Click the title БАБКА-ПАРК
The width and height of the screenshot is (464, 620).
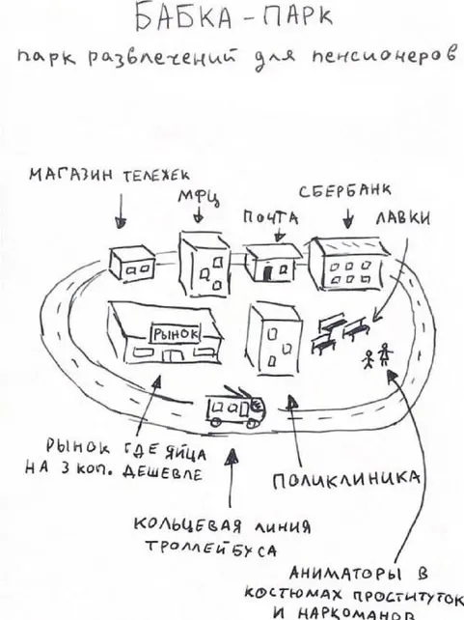pos(234,17)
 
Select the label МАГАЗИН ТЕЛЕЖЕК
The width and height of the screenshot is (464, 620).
pos(109,175)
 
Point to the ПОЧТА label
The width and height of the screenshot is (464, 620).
pos(270,218)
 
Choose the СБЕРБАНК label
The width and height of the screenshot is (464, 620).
pos(345,191)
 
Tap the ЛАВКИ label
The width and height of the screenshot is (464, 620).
pos(403,218)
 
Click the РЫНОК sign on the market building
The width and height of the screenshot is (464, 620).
pos(176,334)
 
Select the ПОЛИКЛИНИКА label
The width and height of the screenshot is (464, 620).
pos(346,480)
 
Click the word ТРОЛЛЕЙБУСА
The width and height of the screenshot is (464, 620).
pos(211,550)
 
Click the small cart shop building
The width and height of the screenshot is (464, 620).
pos(131,262)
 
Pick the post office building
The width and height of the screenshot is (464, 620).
pos(272,262)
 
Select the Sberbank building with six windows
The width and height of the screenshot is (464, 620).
pos(347,263)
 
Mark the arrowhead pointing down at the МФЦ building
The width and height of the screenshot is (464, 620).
pos(199,218)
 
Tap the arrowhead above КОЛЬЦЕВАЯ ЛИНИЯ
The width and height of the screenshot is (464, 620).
pos(233,456)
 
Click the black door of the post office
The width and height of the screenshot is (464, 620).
pos(268,272)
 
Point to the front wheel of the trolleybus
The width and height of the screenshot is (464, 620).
pos(251,423)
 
